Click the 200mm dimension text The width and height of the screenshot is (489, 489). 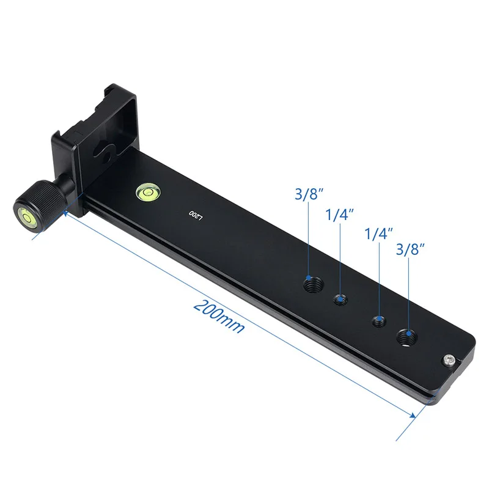tap(219, 316)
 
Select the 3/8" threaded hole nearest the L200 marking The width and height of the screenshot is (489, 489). tap(313, 284)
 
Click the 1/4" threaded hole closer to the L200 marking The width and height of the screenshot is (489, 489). tap(340, 300)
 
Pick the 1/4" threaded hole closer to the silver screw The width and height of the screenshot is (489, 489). tap(379, 321)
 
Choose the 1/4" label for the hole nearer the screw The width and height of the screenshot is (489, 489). tap(379, 233)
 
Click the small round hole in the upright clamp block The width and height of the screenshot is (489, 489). tap(106, 157)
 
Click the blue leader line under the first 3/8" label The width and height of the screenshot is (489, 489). tap(309, 244)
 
